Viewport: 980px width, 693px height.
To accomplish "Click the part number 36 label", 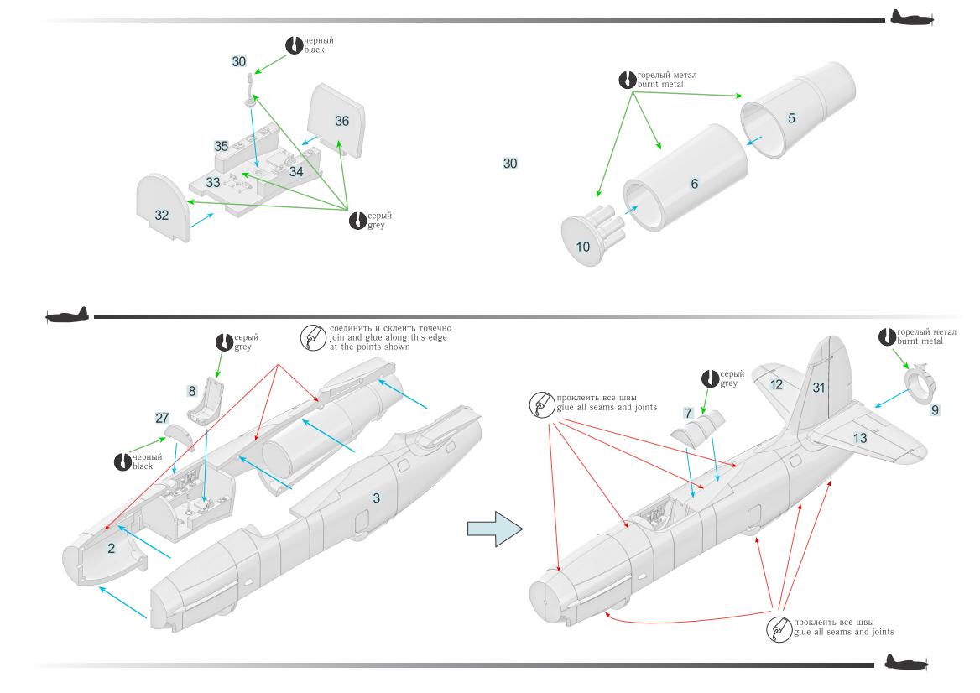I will point(341,121).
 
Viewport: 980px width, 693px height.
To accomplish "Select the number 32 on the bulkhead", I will point(161,216).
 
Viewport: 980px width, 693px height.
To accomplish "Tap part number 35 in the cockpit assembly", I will point(221,146).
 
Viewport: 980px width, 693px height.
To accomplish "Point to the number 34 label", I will point(296,171).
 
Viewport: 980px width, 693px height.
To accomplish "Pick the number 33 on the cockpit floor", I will point(213,181).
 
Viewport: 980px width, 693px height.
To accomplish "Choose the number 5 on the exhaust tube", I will point(791,118).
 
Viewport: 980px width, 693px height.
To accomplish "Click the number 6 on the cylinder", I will point(695,183).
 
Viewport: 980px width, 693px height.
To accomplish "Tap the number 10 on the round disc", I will point(583,247).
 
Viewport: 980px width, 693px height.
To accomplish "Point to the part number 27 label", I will point(162,417).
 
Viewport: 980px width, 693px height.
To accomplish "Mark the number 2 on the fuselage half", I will point(111,548).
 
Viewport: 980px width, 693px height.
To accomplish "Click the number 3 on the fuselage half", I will point(376,498).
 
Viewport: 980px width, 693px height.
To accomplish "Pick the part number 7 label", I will point(687,413).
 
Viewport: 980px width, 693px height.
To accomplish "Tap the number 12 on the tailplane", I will point(776,384).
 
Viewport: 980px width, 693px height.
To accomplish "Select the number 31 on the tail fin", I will point(819,387).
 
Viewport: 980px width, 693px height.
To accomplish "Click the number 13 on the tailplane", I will point(860,438).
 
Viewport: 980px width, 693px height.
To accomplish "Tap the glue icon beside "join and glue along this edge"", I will point(310,336).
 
